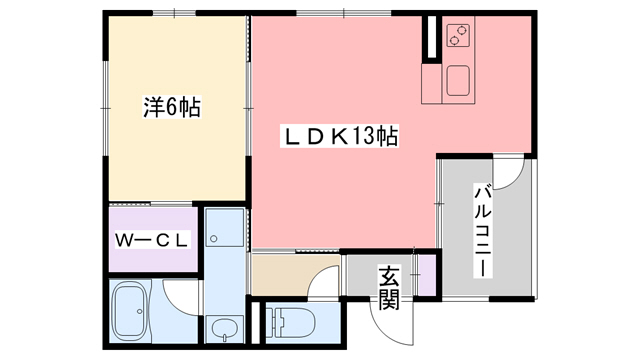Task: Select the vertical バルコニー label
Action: point(482,229)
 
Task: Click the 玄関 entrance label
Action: point(388,288)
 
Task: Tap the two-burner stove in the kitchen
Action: point(459,38)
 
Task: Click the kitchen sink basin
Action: point(459,81)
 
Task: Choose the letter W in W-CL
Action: point(123,241)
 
